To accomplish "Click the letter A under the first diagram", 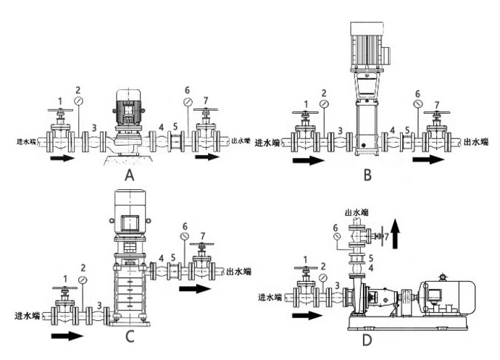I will [x=130, y=175].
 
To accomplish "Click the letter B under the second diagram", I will [x=367, y=174].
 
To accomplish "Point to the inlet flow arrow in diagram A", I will [x=62, y=156].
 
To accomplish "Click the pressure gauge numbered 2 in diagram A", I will [x=78, y=99].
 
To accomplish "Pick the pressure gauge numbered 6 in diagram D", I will [x=336, y=237].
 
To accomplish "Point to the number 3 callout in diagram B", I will [x=340, y=130].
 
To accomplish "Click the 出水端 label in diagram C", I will [x=240, y=272].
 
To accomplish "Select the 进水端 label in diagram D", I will [x=272, y=297].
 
